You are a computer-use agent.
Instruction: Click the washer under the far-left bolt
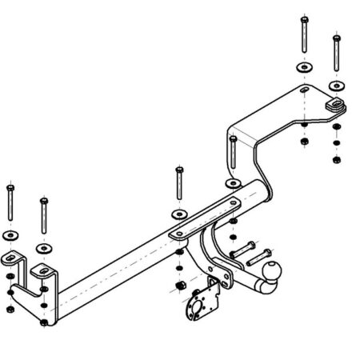tap(9, 235)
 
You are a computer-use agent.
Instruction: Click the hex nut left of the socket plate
tap(182, 286)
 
